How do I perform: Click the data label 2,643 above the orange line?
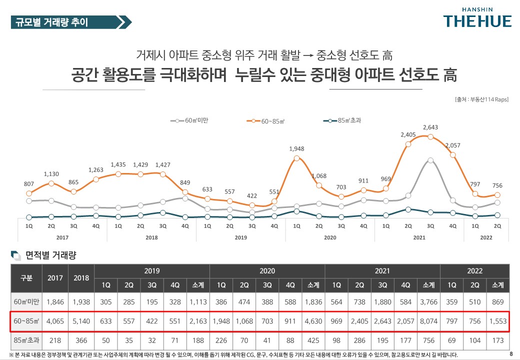(x=430, y=127)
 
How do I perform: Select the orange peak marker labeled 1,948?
(x=296, y=158)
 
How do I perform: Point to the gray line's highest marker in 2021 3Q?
(x=430, y=160)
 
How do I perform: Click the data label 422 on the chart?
(x=252, y=195)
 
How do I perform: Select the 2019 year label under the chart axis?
(x=241, y=237)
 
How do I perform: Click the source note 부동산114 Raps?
(x=481, y=99)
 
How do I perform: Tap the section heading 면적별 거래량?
(x=50, y=255)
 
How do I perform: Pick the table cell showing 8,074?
(x=428, y=320)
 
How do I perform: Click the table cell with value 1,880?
(x=383, y=301)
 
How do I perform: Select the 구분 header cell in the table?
(x=26, y=278)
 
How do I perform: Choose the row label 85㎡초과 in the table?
(x=26, y=340)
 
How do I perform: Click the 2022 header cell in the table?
(x=474, y=271)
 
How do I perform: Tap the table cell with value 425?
(x=313, y=340)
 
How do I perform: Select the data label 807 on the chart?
(x=29, y=183)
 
